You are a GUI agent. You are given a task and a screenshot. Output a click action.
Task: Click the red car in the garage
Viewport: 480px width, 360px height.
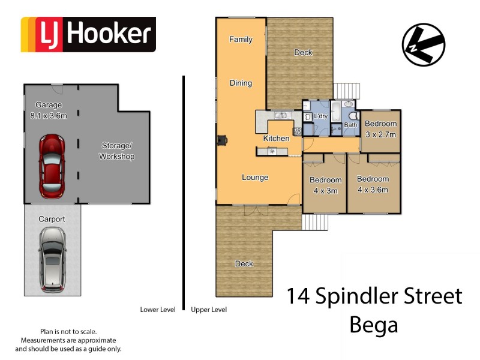[x=51, y=166]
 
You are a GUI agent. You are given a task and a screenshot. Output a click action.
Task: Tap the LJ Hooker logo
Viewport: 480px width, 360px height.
[x=88, y=34]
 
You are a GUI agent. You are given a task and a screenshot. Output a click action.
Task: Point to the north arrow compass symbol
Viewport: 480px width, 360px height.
[x=424, y=45]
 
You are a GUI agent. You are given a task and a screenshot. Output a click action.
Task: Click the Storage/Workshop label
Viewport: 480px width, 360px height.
[x=116, y=151]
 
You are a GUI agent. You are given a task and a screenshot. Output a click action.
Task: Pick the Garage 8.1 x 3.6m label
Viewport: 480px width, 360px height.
[x=49, y=110]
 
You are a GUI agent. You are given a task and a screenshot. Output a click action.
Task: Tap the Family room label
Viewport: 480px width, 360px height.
[x=241, y=40]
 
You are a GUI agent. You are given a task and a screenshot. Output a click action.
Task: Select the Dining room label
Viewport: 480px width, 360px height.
[x=241, y=83]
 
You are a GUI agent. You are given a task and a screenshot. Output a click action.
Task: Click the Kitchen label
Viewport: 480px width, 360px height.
[x=276, y=139]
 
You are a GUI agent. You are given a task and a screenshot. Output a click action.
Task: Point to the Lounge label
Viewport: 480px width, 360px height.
[x=255, y=178]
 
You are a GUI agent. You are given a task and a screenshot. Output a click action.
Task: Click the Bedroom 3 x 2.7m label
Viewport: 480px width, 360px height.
[x=381, y=129]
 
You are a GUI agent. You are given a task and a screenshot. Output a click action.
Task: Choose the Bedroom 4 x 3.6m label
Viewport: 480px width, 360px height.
[x=373, y=184]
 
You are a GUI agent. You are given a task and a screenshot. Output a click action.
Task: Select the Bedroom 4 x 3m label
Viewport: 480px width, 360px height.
[x=325, y=185]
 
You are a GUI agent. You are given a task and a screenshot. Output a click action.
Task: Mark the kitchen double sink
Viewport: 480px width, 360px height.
[x=280, y=115]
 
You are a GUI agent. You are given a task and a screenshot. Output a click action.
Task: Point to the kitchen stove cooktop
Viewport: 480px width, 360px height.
[x=296, y=131]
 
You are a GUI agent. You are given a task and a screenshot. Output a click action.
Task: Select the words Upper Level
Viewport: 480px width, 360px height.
[x=208, y=310]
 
